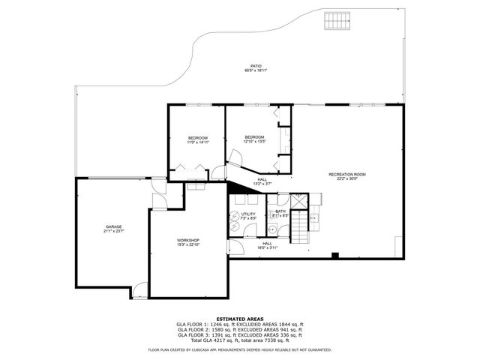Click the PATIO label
point(255,66)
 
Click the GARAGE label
point(114,226)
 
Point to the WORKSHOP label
point(187,240)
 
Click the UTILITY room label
point(249,214)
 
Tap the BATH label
point(280,211)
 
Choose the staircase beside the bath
point(300,226)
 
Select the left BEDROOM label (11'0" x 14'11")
point(198,138)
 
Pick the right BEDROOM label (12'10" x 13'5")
point(255,136)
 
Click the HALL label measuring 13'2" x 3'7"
point(262,179)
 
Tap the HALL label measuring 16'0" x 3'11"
point(267,243)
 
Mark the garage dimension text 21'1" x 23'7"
point(114,232)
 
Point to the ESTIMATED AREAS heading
point(240,319)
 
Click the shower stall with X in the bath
point(297,201)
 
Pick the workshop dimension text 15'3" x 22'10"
point(187,245)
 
